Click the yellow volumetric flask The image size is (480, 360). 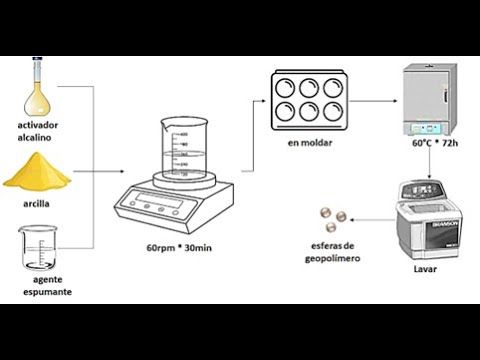point(37,91)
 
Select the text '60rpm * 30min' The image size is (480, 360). point(180,247)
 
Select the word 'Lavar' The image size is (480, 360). point(425,268)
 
